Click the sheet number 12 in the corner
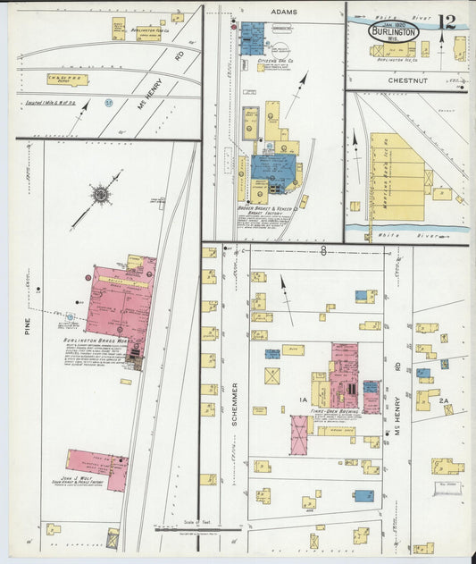point(448,22)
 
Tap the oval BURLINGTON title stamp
point(393,29)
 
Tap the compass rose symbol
point(100,192)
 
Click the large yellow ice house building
point(397,176)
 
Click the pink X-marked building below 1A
point(299,433)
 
